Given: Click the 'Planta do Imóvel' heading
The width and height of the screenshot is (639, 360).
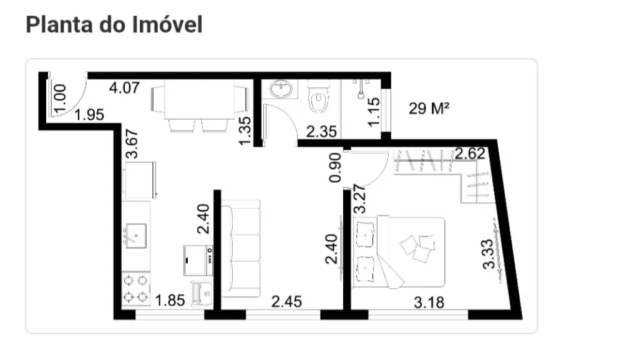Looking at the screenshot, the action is coord(114,24).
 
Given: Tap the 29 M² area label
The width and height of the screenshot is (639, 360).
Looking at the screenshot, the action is coord(429,109).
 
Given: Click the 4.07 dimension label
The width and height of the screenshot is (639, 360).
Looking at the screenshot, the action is coord(124,87).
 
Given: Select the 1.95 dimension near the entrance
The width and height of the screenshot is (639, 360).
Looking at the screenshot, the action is coord(89,115).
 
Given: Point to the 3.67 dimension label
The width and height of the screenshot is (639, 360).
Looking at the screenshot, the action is coord(132,144).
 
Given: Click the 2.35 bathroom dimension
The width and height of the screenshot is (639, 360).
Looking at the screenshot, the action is coord(321,132).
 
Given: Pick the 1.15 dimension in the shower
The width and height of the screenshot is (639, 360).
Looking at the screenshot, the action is coord(374,112).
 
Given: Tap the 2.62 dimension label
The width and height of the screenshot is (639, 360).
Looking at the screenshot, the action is coord(471,153).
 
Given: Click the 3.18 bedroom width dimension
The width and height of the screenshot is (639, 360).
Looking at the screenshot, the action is coord(429,303).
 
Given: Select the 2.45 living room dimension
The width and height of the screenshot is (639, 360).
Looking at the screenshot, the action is coord(286,302).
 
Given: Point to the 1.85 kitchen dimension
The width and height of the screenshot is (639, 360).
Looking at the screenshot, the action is coord(170,301).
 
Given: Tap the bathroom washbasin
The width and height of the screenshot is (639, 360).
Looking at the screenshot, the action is coord(279,89).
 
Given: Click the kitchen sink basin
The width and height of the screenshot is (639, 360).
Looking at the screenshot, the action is coord(136,235).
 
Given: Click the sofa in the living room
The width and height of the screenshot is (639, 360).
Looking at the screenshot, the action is coord(241,248).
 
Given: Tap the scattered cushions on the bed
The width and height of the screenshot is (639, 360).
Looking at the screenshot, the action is coord(417,248).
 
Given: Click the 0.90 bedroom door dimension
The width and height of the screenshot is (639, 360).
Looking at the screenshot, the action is coord(335,167).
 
